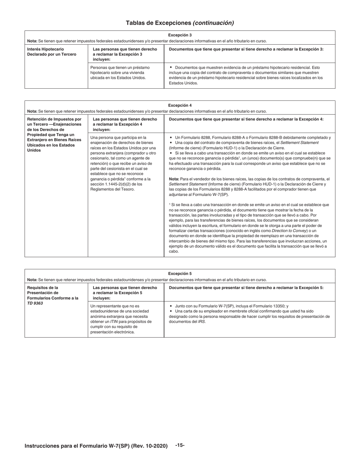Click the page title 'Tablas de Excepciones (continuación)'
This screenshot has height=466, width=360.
coord(180,23)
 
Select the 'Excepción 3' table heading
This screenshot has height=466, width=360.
coord(180,35)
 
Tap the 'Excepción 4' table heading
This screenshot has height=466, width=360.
coord(180,105)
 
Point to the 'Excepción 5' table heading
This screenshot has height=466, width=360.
coord(180,274)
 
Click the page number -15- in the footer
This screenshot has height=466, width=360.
coord(180,445)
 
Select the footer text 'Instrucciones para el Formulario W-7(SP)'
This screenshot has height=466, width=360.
coord(96,446)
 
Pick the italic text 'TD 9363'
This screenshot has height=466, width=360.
coord(35,303)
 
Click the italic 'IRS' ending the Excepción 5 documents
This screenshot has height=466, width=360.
coord(202,322)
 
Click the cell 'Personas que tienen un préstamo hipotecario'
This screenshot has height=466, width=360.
coord(120,72)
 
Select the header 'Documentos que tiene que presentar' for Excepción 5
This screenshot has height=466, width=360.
coord(246,288)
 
